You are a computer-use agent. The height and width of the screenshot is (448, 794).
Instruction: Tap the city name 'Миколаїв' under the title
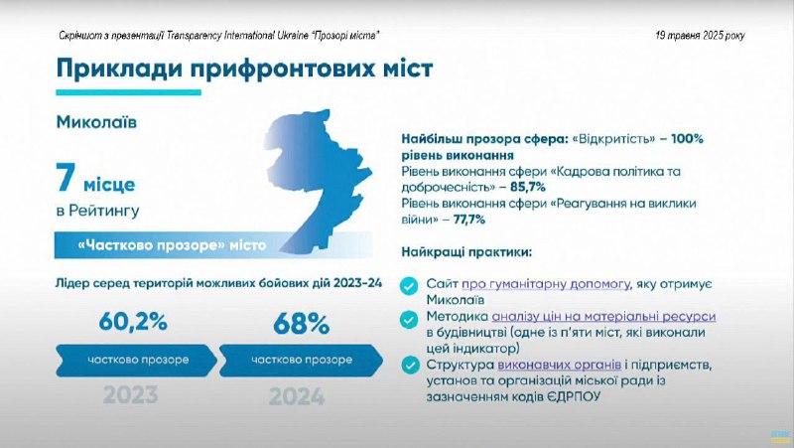(x=96, y=122)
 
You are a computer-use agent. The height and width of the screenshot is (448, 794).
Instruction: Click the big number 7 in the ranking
(x=66, y=179)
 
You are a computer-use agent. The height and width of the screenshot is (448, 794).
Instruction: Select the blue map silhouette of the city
(x=319, y=178)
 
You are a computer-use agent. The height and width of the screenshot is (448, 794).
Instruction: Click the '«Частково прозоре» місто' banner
(x=212, y=245)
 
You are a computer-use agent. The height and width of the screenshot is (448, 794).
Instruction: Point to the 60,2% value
(x=133, y=322)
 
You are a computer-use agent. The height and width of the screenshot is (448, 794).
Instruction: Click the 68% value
(x=302, y=324)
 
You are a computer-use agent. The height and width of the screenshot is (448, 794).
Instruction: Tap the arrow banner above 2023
(x=137, y=361)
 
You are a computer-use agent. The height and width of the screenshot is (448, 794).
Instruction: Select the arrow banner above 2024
(x=302, y=361)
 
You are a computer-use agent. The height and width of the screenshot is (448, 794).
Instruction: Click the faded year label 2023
(x=131, y=395)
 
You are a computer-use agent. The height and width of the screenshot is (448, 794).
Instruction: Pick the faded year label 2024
(x=297, y=396)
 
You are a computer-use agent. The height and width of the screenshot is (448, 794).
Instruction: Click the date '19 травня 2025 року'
(x=701, y=36)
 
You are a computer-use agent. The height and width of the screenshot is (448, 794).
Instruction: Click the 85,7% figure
(x=528, y=187)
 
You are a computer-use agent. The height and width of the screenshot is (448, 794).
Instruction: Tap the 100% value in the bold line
(x=687, y=139)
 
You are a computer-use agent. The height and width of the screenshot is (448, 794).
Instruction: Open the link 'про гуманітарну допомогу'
(x=545, y=284)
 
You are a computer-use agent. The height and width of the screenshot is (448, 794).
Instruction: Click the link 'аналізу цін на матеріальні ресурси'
(x=603, y=317)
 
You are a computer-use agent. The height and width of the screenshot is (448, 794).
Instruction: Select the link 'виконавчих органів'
(x=559, y=365)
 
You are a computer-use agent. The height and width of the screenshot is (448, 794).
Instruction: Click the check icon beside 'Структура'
(x=410, y=366)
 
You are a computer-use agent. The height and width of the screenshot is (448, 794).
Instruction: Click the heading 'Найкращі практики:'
(x=466, y=252)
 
